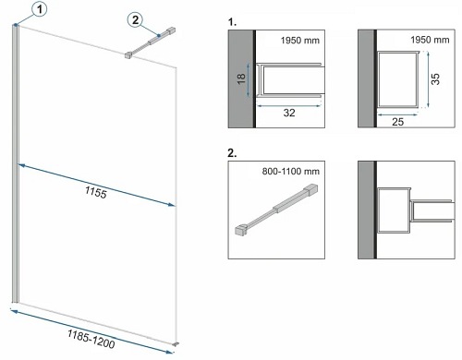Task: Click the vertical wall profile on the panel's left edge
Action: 17,166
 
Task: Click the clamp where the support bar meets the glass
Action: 129,55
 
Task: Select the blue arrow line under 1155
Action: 96,183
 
